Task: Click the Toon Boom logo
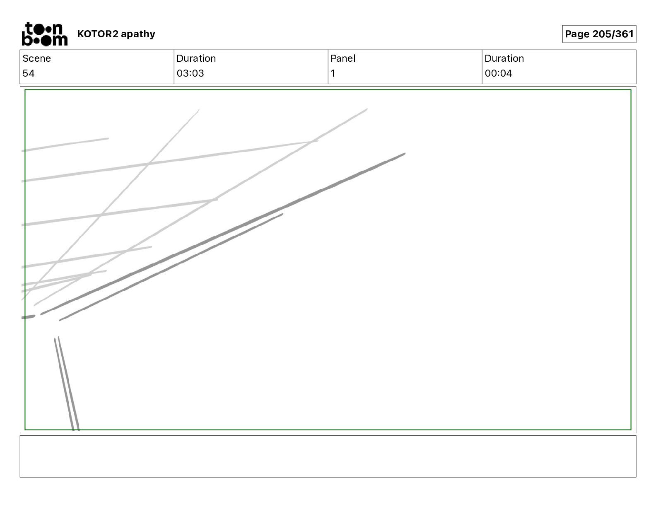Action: pos(44,34)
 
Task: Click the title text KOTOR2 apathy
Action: pos(116,34)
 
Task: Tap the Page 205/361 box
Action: pos(599,34)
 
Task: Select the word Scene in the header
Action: pos(36,58)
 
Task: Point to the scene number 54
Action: pos(29,73)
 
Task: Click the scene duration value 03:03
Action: pos(190,73)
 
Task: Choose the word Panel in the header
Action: pos(343,58)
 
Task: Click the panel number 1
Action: pos(333,73)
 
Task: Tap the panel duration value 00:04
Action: pos(498,73)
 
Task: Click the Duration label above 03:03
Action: pos(196,58)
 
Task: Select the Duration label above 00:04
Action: pos(504,58)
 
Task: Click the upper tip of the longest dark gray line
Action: pos(404,154)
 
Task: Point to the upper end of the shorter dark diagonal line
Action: pos(282,214)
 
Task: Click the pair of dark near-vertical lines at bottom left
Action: pos(66,383)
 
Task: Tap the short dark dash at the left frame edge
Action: pos(28,317)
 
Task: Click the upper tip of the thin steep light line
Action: pos(198,110)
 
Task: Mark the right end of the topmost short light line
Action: pos(108,138)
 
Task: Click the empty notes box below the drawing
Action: pos(328,456)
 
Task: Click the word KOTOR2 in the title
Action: pos(98,34)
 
